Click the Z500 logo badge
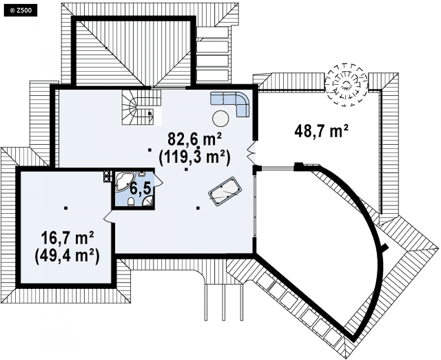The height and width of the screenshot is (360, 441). pyautogui.click(x=20, y=11)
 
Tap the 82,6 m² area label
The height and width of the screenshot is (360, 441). pyautogui.click(x=195, y=138)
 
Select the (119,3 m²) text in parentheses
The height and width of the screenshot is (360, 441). pyautogui.click(x=195, y=158)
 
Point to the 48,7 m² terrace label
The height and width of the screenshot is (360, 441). pyautogui.click(x=322, y=131)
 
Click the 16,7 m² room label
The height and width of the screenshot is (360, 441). pyautogui.click(x=68, y=238)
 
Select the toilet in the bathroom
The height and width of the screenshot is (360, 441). pyautogui.click(x=131, y=201)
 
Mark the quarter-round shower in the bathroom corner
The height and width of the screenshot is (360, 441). pyautogui.click(x=148, y=201)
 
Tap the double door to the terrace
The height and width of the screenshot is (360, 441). pyautogui.click(x=251, y=153)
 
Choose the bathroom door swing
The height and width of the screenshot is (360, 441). pyautogui.click(x=158, y=180)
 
